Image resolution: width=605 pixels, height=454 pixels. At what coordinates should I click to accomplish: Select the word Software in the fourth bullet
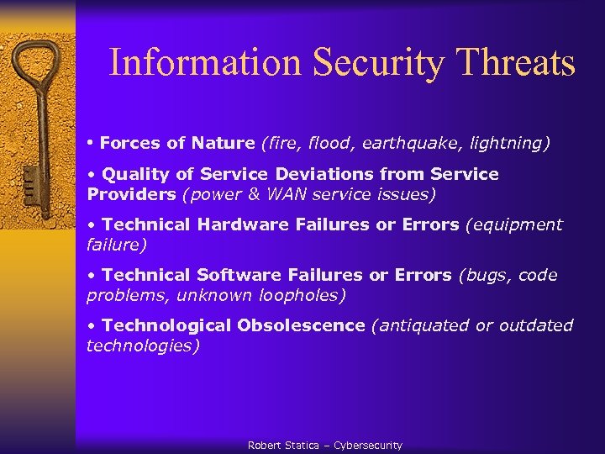238,275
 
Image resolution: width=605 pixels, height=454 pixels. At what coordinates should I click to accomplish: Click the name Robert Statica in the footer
283,446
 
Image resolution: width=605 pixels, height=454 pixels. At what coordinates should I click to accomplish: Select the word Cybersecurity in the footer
368,446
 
